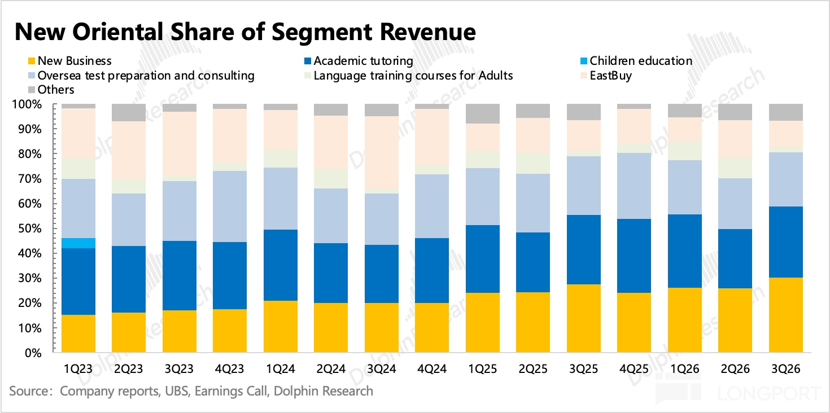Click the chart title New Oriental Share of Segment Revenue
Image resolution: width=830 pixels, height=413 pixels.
[245, 33]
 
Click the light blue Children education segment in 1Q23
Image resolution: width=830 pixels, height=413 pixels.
[78, 243]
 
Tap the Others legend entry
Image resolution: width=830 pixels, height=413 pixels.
[56, 89]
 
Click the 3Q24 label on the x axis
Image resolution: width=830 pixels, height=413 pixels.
[382, 369]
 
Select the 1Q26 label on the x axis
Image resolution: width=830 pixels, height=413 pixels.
[684, 369]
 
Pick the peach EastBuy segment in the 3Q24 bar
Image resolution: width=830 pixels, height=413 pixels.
[382, 152]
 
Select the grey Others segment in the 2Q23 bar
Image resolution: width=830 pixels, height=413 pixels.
[129, 112]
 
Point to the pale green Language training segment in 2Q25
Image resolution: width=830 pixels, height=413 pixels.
[533, 163]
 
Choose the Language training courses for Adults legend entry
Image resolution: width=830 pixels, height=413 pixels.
[413, 75]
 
